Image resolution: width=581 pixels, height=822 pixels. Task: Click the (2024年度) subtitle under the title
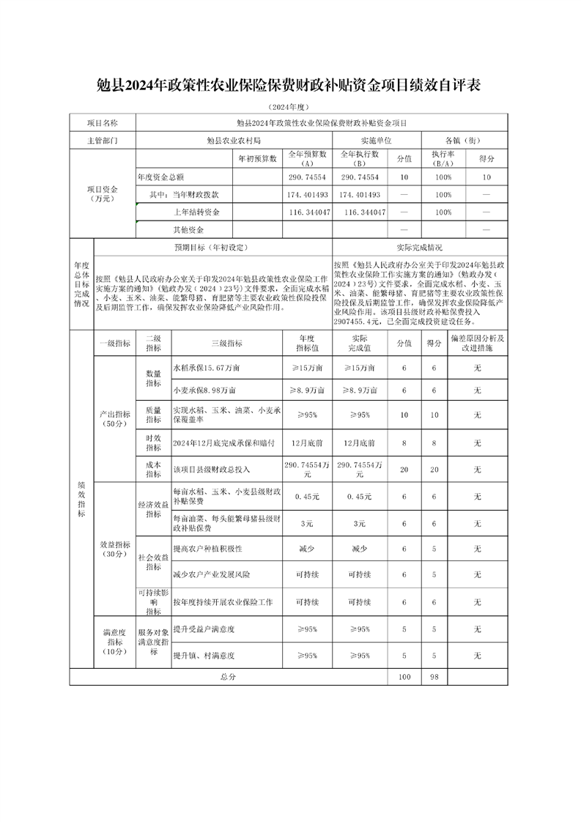289,107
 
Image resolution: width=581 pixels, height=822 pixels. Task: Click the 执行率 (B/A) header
443,158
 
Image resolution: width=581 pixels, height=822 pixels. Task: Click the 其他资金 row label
183,229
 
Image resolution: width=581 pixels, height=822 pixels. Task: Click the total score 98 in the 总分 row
434,677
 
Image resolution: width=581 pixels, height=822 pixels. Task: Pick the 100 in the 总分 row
404,677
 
